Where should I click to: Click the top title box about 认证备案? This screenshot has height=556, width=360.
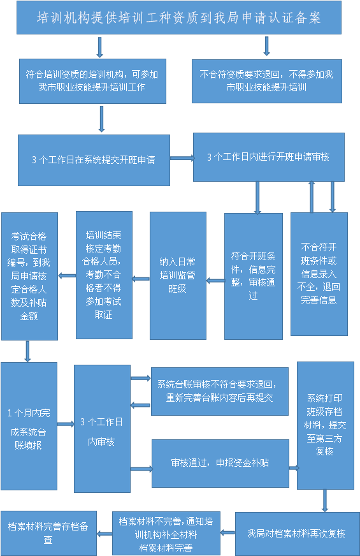(179, 18)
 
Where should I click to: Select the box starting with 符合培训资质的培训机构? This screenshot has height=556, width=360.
(92, 81)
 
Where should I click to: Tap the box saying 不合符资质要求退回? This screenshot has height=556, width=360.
(267, 81)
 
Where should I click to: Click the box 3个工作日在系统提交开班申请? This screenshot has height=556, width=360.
(94, 160)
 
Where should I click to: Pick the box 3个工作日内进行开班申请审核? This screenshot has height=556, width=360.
(269, 157)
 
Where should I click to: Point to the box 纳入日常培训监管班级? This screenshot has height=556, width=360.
(178, 276)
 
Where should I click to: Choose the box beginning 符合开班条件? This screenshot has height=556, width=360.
(254, 276)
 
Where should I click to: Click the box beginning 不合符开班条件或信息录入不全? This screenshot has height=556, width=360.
(319, 274)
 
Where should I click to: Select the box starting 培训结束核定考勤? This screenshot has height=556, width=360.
(104, 275)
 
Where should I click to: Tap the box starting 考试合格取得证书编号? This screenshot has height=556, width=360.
(29, 277)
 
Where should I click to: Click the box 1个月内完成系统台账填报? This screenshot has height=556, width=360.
(29, 426)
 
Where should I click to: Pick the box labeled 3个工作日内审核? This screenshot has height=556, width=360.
(102, 428)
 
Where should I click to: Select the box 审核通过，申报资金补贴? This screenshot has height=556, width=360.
(220, 464)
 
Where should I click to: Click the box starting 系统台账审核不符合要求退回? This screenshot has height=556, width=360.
(220, 391)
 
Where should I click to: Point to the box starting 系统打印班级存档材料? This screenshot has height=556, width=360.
(326, 425)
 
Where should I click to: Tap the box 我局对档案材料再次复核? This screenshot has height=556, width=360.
(298, 534)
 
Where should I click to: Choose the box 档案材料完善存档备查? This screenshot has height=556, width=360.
(48, 533)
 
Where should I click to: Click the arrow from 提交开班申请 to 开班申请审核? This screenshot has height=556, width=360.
(182, 158)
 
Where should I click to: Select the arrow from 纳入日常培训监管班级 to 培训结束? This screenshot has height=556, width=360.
(141, 279)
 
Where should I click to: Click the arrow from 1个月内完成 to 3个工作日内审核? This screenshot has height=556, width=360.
(66, 424)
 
